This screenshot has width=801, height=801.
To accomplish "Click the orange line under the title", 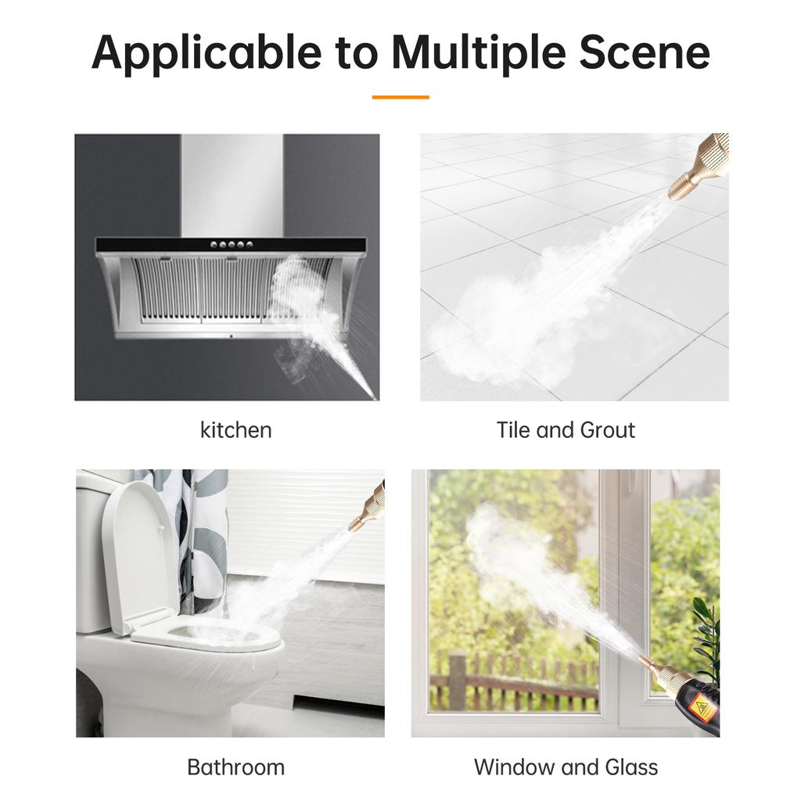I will pos(400,97).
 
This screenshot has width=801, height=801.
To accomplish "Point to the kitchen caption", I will pos(235,430).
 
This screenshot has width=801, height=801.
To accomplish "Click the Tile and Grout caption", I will pos(566,430).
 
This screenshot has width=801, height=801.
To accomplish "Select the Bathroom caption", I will pos(235,767).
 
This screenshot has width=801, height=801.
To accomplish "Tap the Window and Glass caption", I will pos(566,767).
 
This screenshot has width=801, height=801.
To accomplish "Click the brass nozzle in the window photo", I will pos(656,672).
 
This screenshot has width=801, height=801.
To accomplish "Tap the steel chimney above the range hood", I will pos(232,184).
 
